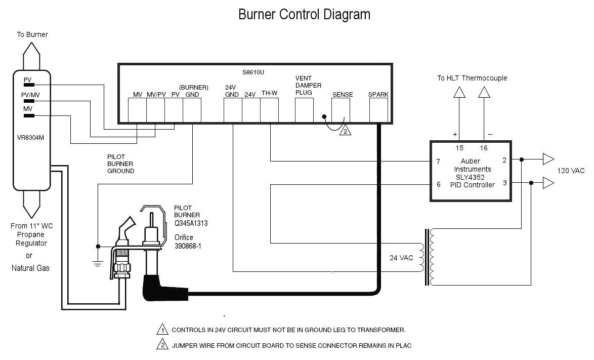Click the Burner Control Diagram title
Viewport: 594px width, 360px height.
(x=304, y=14)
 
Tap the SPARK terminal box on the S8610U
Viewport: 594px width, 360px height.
(x=378, y=109)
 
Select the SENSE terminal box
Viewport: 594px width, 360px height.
(x=341, y=109)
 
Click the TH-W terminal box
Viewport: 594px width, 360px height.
(x=269, y=109)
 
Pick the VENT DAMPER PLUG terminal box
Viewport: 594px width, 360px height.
(x=304, y=109)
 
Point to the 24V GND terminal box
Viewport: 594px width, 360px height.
(x=233, y=109)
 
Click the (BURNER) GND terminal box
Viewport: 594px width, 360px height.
(x=192, y=109)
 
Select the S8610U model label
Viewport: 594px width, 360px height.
(x=253, y=72)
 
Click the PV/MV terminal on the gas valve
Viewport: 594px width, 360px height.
(x=29, y=101)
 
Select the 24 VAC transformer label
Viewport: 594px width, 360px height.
(x=401, y=258)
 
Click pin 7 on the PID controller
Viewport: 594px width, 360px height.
(x=438, y=162)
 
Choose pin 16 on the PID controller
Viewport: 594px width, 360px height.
(x=483, y=148)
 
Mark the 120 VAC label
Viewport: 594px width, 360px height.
(x=571, y=171)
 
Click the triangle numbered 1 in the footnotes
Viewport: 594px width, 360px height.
(x=162, y=330)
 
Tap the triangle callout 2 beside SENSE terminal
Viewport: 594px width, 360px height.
(x=345, y=131)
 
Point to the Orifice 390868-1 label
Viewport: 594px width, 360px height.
(x=191, y=241)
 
